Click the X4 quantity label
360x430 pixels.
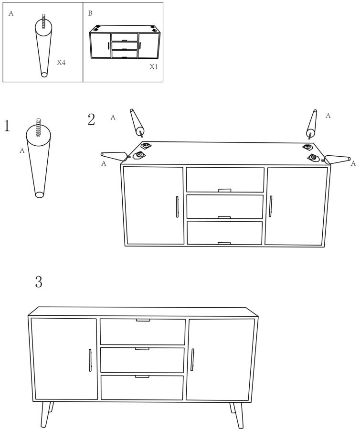tap(61, 63)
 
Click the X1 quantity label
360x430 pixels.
tap(154, 66)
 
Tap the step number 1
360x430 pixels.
tap(7, 126)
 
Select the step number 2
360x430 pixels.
tap(91, 119)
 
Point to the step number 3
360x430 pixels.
tap(39, 281)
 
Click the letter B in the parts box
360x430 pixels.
tap(90, 13)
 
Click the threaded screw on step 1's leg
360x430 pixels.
tap(39, 127)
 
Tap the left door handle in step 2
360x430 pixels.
tap(177, 207)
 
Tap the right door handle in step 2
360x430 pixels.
tap(270, 206)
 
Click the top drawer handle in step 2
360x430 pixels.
tap(225, 190)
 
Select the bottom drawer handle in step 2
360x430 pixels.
tap(224, 243)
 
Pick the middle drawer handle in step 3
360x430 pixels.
tap(142, 349)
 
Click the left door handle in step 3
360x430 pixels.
tap(90, 360)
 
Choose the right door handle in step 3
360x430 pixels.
tap(192, 360)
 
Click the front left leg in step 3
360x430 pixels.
tap(45, 415)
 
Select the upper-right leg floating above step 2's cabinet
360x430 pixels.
tap(311, 124)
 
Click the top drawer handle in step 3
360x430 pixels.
tap(143, 320)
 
